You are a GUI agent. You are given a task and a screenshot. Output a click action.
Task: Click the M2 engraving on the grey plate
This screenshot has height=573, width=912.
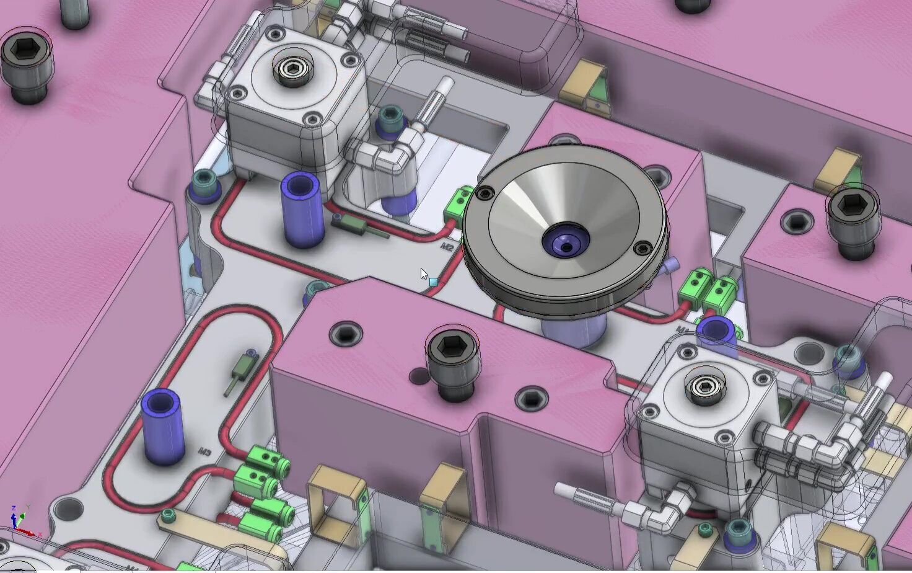coord(447,247)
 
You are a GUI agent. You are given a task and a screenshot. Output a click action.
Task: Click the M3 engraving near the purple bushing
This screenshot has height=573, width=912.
coord(205,452)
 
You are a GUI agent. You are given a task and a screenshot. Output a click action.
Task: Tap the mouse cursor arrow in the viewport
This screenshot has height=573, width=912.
coord(424,273)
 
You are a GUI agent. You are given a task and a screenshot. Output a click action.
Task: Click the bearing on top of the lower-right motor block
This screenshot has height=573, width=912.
coord(703,386)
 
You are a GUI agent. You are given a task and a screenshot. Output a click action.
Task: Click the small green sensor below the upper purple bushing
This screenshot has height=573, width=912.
coord(357,226)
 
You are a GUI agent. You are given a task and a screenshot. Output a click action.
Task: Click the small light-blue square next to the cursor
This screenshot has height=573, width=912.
coord(434,282)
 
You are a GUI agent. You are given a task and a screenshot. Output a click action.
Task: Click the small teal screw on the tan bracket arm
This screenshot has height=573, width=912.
coord(168,514)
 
